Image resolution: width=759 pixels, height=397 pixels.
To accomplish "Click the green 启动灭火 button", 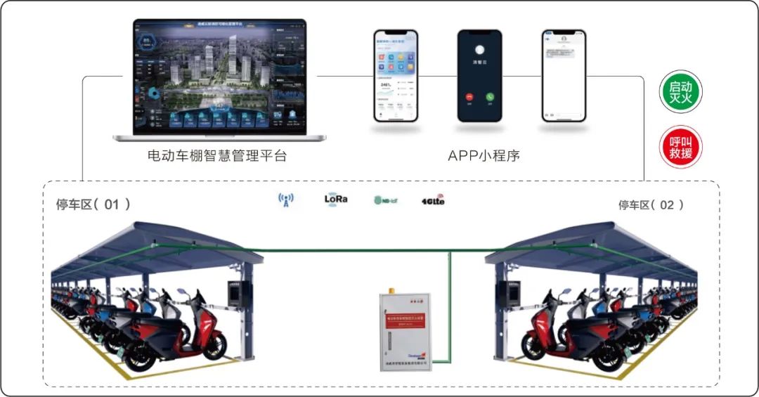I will (680, 92).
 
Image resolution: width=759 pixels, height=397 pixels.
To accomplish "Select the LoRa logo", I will (335, 199).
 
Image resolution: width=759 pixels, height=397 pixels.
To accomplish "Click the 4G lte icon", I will (433, 200).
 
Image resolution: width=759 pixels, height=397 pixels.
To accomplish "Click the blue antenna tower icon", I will (285, 200).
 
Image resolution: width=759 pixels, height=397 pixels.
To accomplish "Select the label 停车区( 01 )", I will (93, 204).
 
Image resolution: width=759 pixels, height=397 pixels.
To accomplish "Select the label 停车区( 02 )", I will (651, 204).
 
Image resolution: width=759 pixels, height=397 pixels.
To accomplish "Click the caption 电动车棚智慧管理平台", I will (217, 156).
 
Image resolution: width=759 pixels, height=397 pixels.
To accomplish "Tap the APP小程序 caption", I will (484, 156).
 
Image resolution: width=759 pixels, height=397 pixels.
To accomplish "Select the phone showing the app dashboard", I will (396, 75).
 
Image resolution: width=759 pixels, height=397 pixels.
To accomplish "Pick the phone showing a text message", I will (564, 75).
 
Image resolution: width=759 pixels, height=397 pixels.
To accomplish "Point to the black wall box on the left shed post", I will (234, 294).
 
